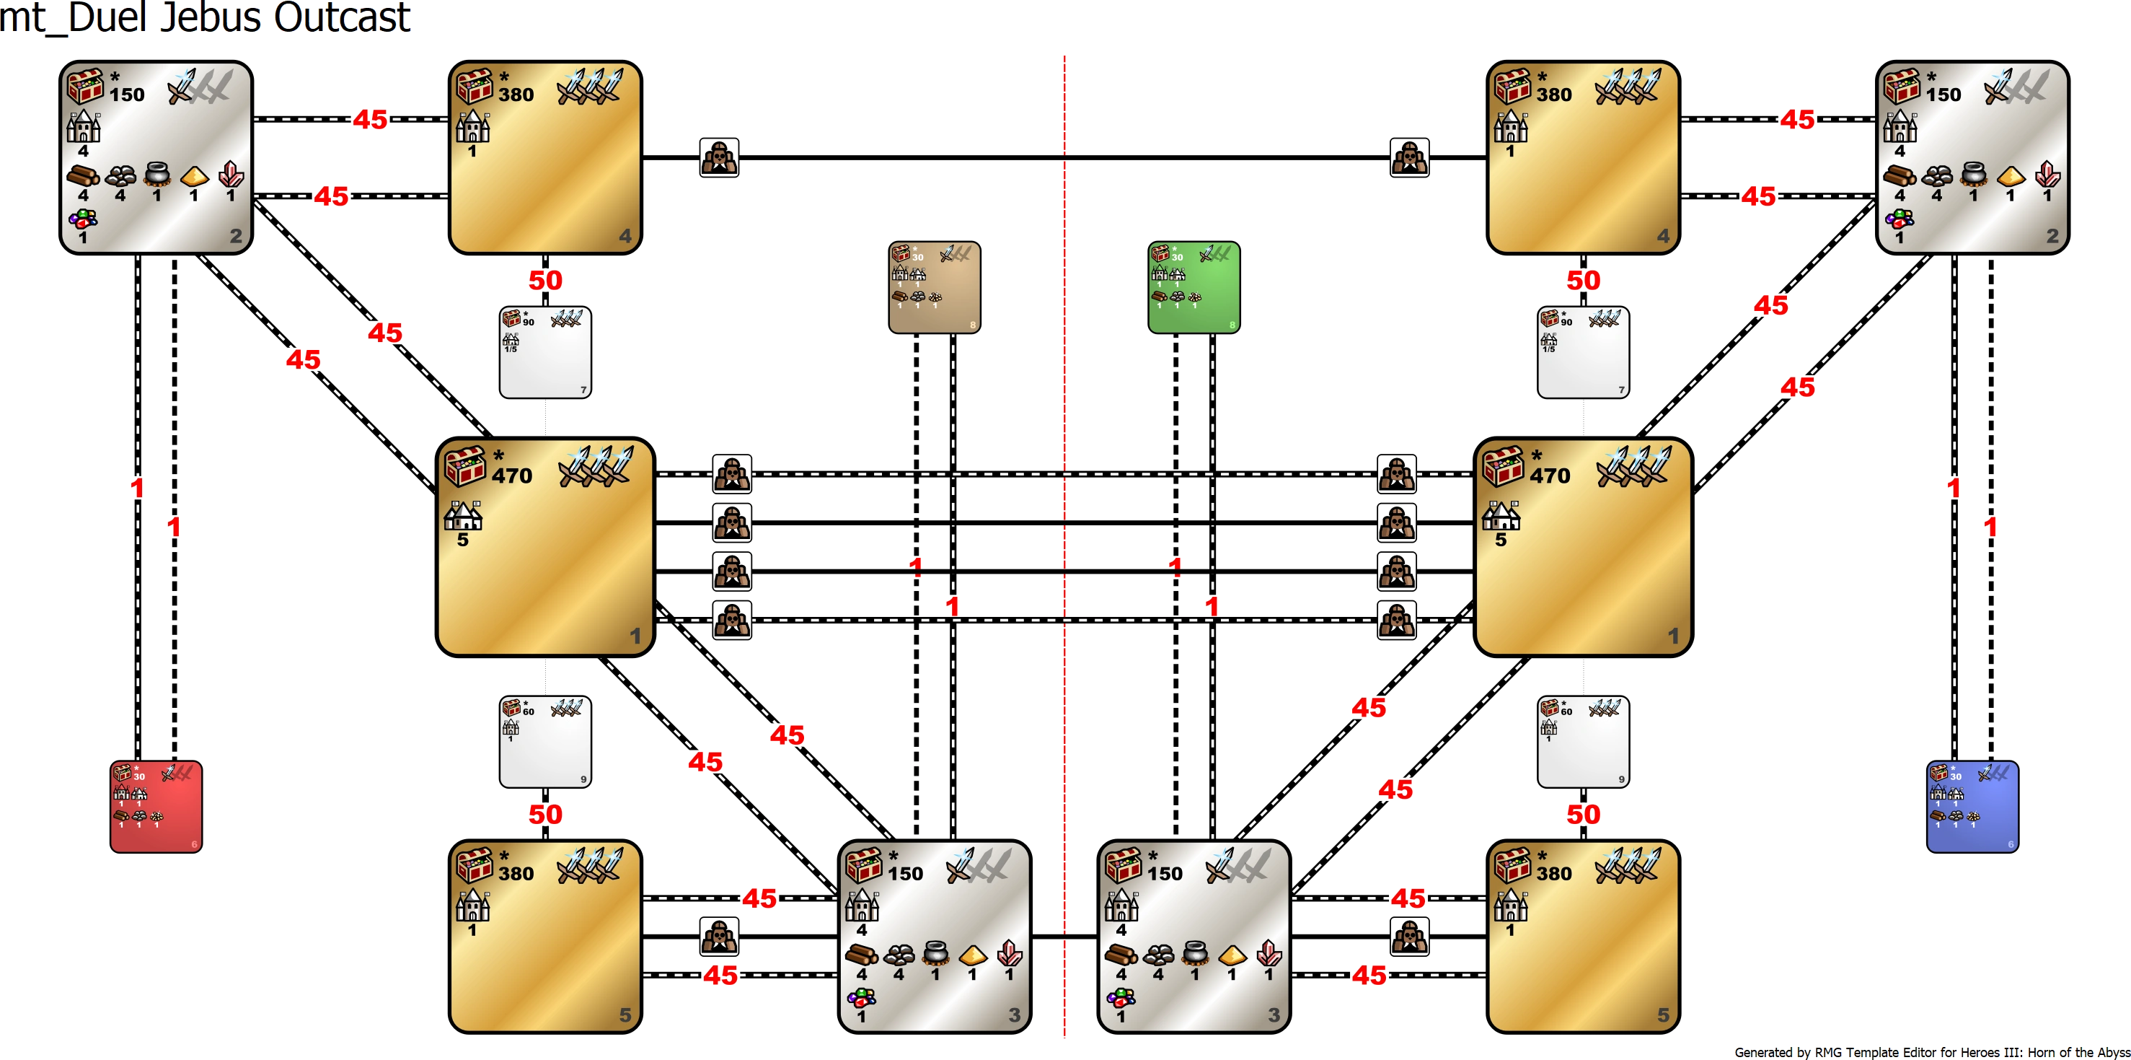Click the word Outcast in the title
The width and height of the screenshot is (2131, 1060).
tap(343, 18)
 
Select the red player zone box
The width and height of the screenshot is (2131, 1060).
tap(156, 806)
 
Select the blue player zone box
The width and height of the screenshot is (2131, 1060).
tap(1973, 806)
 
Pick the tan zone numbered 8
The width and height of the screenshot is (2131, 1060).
tap(935, 286)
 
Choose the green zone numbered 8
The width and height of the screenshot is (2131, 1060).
tap(1194, 286)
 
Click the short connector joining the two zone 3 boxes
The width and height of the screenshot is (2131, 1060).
tap(1064, 935)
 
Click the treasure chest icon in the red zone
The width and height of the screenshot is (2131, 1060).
tap(123, 773)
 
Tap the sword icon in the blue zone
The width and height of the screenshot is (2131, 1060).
tap(1985, 773)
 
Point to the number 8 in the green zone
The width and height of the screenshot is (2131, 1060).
tap(1232, 325)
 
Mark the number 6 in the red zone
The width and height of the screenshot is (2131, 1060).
tap(195, 845)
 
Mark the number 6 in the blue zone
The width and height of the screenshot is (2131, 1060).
tap(2011, 845)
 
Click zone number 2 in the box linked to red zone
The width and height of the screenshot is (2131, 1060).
tap(236, 236)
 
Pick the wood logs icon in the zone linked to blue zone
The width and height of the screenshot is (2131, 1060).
tap(1900, 176)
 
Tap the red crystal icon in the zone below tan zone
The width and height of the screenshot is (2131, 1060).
tap(1009, 954)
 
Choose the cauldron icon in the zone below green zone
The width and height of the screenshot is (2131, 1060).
tap(1194, 954)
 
